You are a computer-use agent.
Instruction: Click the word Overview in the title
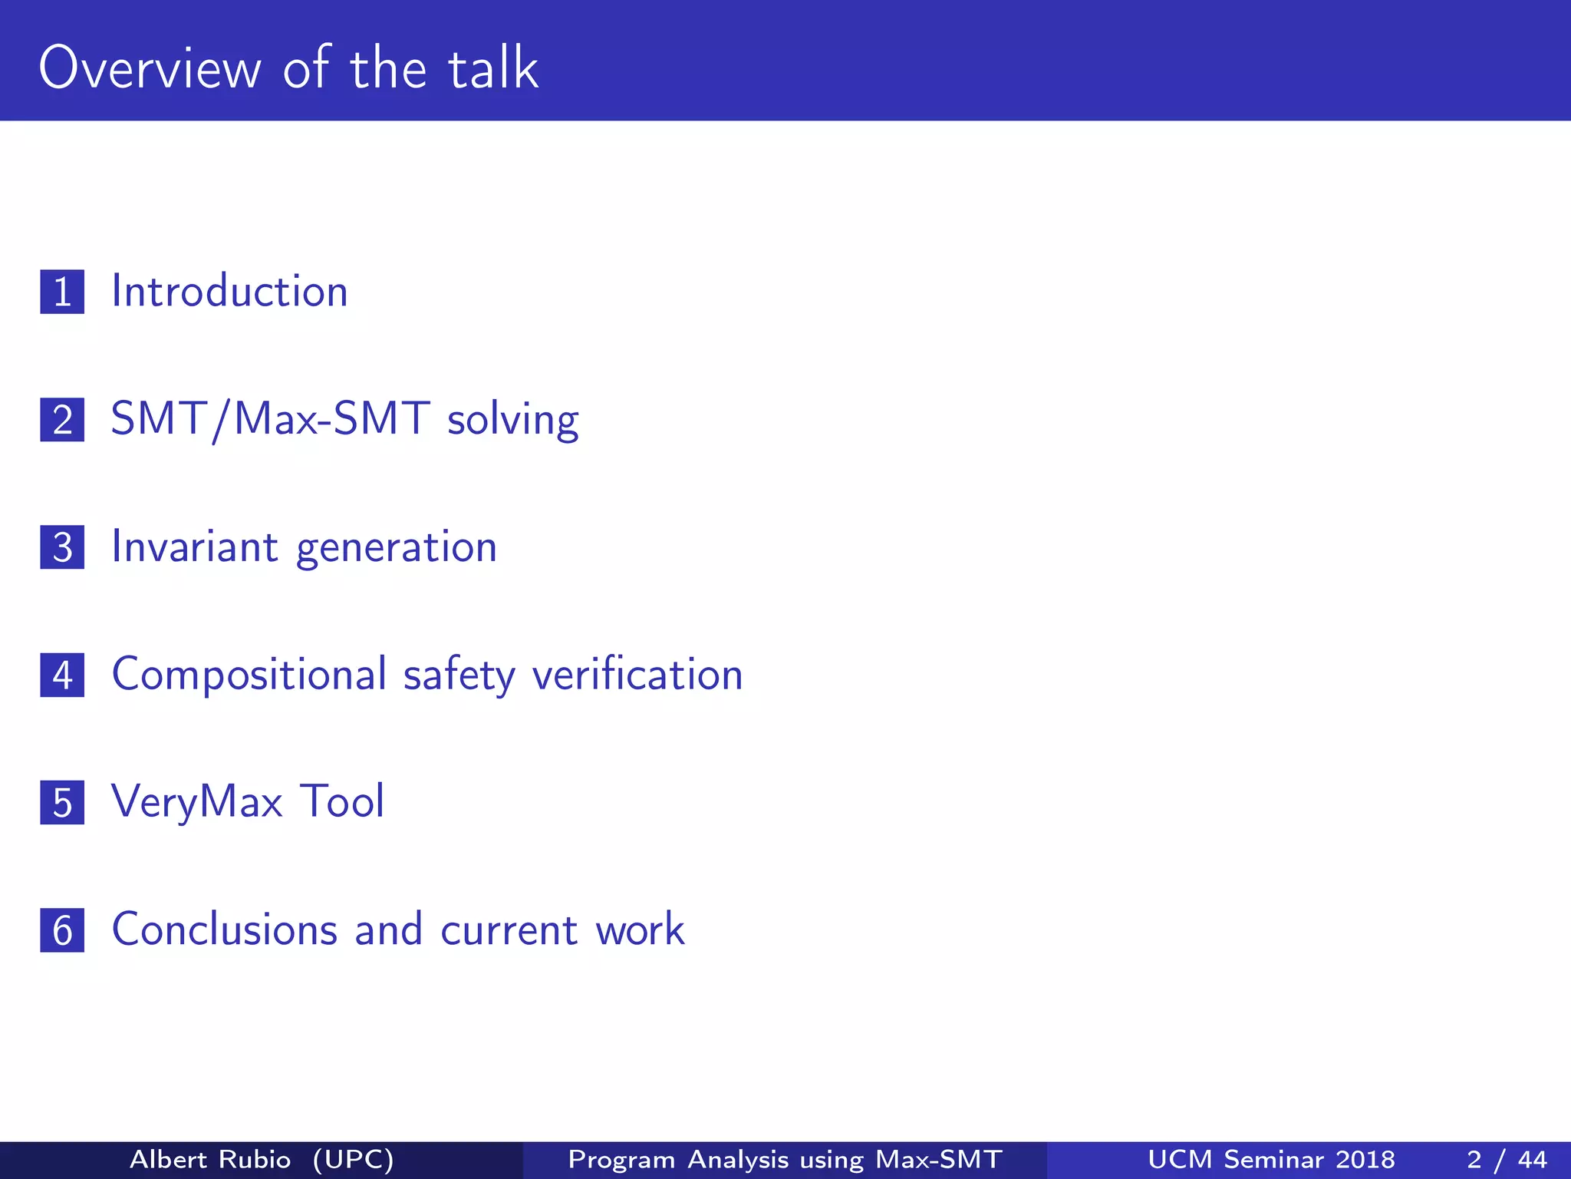pos(150,68)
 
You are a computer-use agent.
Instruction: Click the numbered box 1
pos(62,292)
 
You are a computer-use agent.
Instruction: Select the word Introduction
pos(229,292)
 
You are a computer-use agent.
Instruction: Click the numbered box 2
pos(62,419)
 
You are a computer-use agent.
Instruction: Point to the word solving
pos(512,421)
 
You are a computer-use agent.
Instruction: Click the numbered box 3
pos(62,547)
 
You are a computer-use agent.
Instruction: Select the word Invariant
pos(195,547)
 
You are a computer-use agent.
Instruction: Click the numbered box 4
pos(62,675)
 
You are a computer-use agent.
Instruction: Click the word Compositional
pos(249,675)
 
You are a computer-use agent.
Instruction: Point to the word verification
pos(637,675)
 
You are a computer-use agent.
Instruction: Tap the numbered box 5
pos(62,803)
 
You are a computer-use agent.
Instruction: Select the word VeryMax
pos(197,803)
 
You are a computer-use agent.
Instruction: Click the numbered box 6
pos(62,930)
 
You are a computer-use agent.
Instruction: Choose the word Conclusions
pos(225,930)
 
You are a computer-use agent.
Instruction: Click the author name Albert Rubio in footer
pos(210,1159)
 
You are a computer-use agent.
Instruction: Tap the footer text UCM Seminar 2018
pos(1271,1159)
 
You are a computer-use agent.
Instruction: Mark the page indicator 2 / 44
pos(1507,1159)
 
